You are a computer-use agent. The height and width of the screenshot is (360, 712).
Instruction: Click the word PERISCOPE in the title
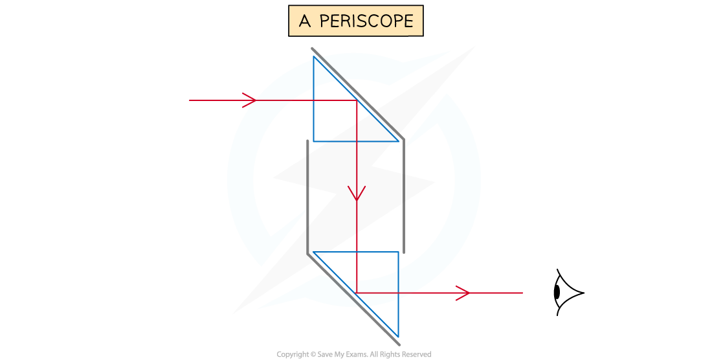click(x=366, y=21)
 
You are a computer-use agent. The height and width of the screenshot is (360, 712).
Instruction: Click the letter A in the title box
click(x=305, y=21)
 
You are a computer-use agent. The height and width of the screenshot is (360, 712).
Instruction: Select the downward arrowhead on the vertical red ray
click(x=357, y=194)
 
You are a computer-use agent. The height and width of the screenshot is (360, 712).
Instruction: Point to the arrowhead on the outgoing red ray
click(x=463, y=293)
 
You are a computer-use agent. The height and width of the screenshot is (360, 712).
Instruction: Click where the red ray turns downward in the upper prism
click(x=357, y=100)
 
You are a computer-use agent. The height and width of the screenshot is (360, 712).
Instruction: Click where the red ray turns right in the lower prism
click(x=357, y=293)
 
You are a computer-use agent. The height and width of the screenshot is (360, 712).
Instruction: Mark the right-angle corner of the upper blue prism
click(x=314, y=141)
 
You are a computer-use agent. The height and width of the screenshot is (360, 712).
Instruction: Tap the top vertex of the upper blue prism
click(x=314, y=56)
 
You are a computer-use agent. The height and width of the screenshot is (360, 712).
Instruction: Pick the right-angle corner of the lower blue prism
click(x=398, y=252)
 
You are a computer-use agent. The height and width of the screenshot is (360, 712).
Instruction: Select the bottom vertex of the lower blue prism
click(x=398, y=337)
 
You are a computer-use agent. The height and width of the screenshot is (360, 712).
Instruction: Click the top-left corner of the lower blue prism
click(x=313, y=252)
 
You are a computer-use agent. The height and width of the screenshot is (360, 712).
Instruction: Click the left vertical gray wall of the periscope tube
click(x=307, y=194)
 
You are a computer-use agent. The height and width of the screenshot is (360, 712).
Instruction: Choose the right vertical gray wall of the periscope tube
click(x=403, y=194)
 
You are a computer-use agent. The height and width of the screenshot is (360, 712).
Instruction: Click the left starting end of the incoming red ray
click(x=190, y=100)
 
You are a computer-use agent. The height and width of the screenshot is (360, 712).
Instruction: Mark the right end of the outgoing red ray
click(x=522, y=293)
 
